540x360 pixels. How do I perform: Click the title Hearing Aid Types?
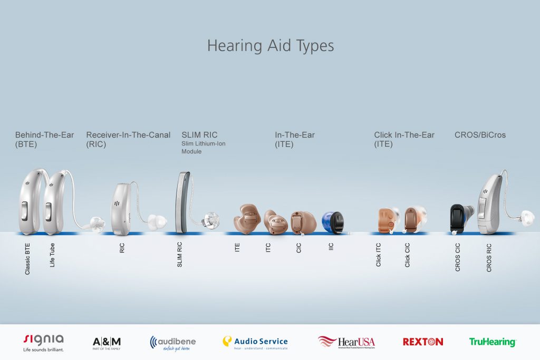click(x=270, y=45)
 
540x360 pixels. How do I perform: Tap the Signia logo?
click(x=44, y=342)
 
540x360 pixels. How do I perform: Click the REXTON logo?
click(x=422, y=342)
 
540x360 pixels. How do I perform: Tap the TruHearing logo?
click(x=492, y=342)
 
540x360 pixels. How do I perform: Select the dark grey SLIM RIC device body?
click(x=182, y=202)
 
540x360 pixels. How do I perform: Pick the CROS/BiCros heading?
click(x=480, y=135)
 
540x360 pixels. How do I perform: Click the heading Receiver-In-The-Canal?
click(x=128, y=135)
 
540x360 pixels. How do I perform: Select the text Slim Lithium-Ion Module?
click(x=203, y=148)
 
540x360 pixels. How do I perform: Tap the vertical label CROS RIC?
click(x=489, y=257)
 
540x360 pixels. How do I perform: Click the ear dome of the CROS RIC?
click(x=526, y=216)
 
